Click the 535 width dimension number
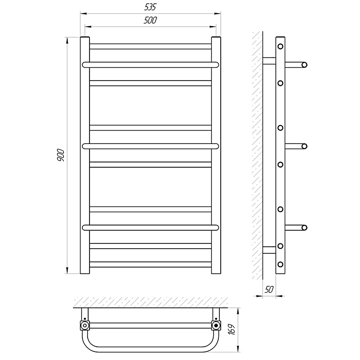coord(150,7)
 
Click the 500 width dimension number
coord(150,20)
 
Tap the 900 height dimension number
coord(61,155)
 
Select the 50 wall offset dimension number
coord(269,290)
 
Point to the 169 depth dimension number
coord(232,330)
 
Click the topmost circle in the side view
coord(280,46)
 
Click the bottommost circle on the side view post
coord(280,264)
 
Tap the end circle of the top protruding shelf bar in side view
coord(305,65)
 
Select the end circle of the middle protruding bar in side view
coord(305,146)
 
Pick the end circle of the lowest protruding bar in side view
coord(305,228)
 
